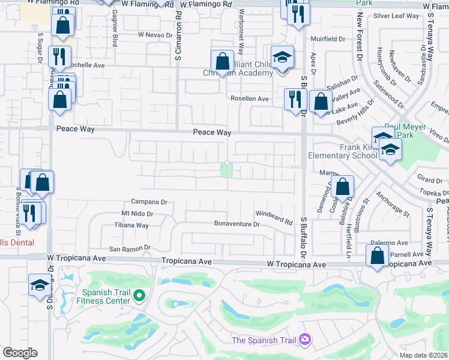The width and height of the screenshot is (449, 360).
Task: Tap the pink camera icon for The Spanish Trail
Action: tap(305, 340)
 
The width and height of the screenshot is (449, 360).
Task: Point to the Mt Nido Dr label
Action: tap(137, 214)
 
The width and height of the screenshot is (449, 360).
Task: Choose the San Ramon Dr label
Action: tap(128, 248)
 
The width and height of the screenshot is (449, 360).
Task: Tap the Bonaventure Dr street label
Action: tap(237, 224)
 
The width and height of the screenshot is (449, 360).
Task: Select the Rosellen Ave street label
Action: tap(250, 98)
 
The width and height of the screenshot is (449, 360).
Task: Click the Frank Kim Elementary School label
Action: tap(342, 151)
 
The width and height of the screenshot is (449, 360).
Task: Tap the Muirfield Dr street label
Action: tap(328, 39)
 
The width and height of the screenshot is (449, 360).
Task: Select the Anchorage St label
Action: tap(392, 204)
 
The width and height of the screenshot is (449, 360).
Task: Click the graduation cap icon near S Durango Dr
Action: tap(39, 284)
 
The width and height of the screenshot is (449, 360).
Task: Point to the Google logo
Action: tap(20, 353)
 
